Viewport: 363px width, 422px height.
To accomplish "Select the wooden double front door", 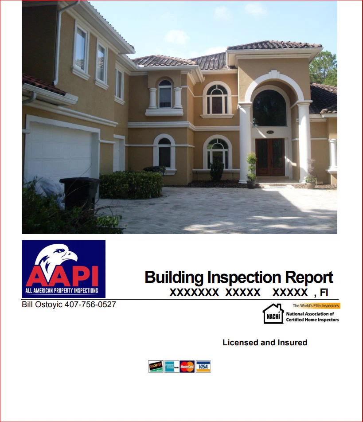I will point(270,157).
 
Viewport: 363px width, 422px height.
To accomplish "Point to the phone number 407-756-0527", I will point(90,305).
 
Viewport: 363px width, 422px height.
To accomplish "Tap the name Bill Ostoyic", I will point(42,305).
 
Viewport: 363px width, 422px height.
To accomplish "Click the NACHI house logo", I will point(273,313).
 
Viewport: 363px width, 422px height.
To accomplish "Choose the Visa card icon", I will point(203,367).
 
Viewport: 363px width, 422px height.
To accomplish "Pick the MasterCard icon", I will point(187,367).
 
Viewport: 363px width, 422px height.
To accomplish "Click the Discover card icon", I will point(156,367).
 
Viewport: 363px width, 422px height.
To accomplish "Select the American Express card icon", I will point(172,367).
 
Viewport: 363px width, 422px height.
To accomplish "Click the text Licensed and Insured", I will point(265,343).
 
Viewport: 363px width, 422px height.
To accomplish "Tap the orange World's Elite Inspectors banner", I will point(316,306).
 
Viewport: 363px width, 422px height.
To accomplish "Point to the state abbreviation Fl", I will point(324,292).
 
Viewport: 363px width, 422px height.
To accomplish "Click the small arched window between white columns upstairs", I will point(165,94).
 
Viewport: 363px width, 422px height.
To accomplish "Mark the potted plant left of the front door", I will point(251,171).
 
